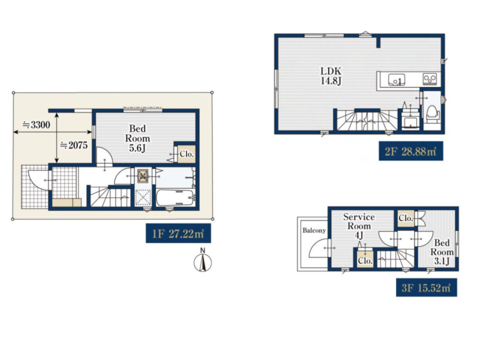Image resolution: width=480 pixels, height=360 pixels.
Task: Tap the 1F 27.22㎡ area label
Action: [178, 233]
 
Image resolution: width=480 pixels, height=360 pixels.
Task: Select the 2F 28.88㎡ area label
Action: [411, 151]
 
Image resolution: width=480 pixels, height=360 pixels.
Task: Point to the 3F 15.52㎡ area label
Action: [427, 287]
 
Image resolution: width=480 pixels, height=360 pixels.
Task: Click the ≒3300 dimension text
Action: [36, 125]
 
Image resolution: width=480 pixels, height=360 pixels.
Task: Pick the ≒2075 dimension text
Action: [74, 145]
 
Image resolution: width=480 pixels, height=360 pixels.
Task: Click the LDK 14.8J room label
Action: [331, 76]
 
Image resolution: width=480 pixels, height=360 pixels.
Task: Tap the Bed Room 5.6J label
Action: [137, 138]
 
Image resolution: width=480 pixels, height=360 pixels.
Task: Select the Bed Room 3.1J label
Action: [442, 252]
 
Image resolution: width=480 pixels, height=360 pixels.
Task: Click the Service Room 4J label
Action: [359, 226]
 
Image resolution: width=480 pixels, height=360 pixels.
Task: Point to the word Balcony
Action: [314, 230]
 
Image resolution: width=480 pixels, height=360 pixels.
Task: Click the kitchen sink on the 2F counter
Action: [397, 80]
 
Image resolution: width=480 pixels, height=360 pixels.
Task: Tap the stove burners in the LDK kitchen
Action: [430, 79]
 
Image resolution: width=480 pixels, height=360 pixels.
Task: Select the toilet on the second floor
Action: [432, 113]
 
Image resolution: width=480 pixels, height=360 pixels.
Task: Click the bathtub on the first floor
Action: [175, 198]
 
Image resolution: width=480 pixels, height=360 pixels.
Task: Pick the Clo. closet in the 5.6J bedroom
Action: [187, 154]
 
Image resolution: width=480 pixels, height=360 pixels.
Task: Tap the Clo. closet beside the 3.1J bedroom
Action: [406, 218]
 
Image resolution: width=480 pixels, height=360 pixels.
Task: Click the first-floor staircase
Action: [110, 196]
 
